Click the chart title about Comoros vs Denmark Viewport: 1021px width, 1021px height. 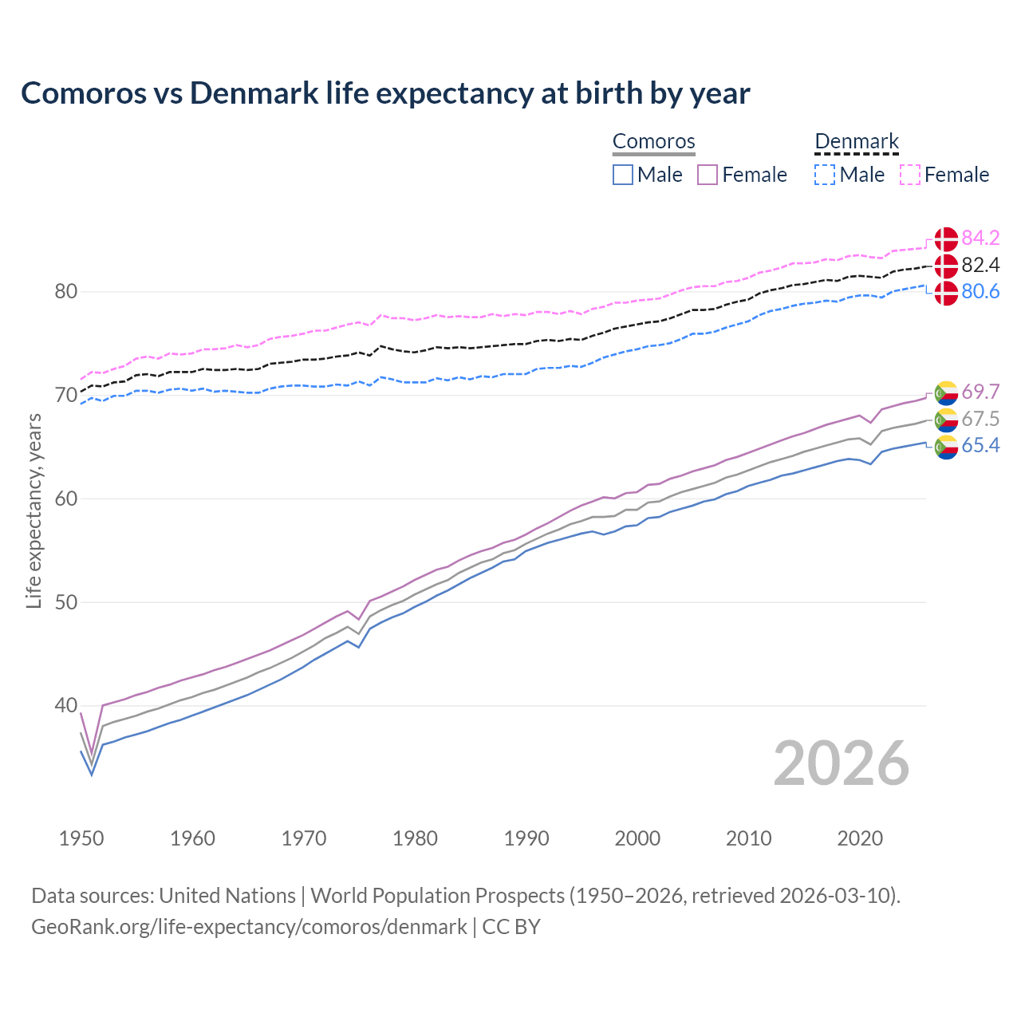pos(385,93)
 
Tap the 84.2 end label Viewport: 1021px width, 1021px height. pos(980,238)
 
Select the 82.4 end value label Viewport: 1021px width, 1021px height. pos(980,265)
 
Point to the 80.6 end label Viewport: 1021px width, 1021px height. pos(980,292)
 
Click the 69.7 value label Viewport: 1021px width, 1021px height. pos(980,392)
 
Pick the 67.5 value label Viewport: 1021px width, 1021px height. pos(980,420)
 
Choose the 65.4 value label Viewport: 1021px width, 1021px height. pos(980,446)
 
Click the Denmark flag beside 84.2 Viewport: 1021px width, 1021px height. pos(946,238)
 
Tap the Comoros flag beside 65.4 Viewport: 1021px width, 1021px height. pos(946,447)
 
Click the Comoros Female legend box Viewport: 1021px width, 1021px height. pos(708,175)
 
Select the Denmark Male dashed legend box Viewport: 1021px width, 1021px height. pos(825,175)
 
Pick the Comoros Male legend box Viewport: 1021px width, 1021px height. pos(623,175)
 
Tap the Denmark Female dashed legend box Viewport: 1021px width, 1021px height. pos(910,175)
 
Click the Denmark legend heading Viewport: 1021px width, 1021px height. pos(857,142)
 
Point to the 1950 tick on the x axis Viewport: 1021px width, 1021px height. pos(81,838)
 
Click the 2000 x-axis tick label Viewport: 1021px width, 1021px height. pos(637,838)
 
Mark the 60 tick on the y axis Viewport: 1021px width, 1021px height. pos(66,499)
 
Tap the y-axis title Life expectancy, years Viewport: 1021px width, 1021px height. pos(34,510)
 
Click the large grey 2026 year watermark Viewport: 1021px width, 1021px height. pos(841,763)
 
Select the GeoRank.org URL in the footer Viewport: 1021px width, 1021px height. pos(249,927)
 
